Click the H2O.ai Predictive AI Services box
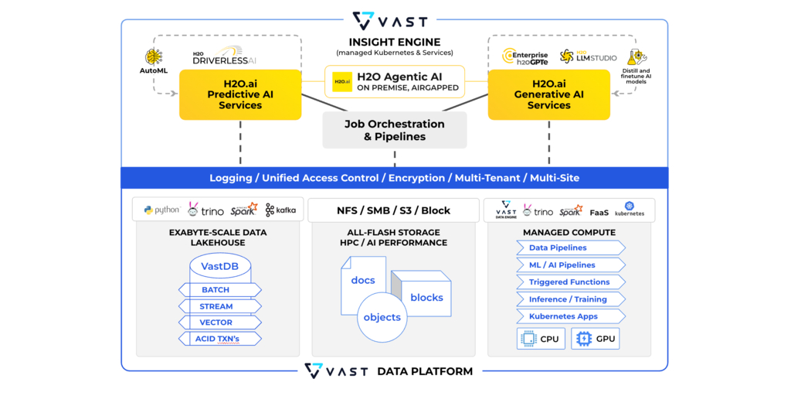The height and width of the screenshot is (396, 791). [x=239, y=94]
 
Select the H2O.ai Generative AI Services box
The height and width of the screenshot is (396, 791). [x=548, y=94]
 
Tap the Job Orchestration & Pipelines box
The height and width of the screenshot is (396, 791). [x=394, y=129]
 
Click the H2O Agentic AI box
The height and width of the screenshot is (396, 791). [x=394, y=81]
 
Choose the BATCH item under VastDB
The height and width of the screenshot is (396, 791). [x=216, y=290]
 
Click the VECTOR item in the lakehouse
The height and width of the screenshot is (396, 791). [x=216, y=323]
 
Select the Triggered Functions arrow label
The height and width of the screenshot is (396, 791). [x=570, y=282]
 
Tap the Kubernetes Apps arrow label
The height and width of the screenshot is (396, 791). [x=564, y=316]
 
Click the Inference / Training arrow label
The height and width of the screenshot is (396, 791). [x=569, y=299]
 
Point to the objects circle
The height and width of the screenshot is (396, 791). [x=382, y=317]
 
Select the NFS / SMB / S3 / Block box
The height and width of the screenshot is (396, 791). [x=394, y=210]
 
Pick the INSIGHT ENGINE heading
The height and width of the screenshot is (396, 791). [x=394, y=42]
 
